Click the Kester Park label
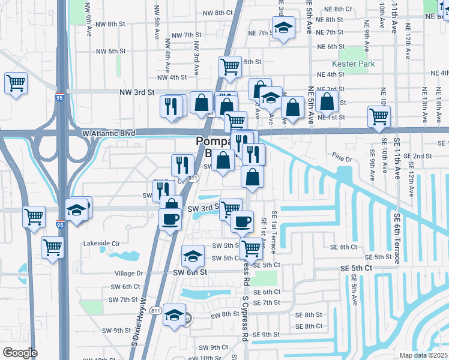pyautogui.click(x=353, y=64)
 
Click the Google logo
pyautogui.click(x=20, y=353)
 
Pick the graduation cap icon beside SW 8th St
pyautogui.click(x=174, y=314)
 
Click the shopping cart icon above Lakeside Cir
pyautogui.click(x=53, y=247)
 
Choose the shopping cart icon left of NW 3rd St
pyautogui.click(x=16, y=82)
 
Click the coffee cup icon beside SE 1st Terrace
pyautogui.click(x=242, y=221)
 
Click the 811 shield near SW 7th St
pyautogui.click(x=156, y=310)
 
